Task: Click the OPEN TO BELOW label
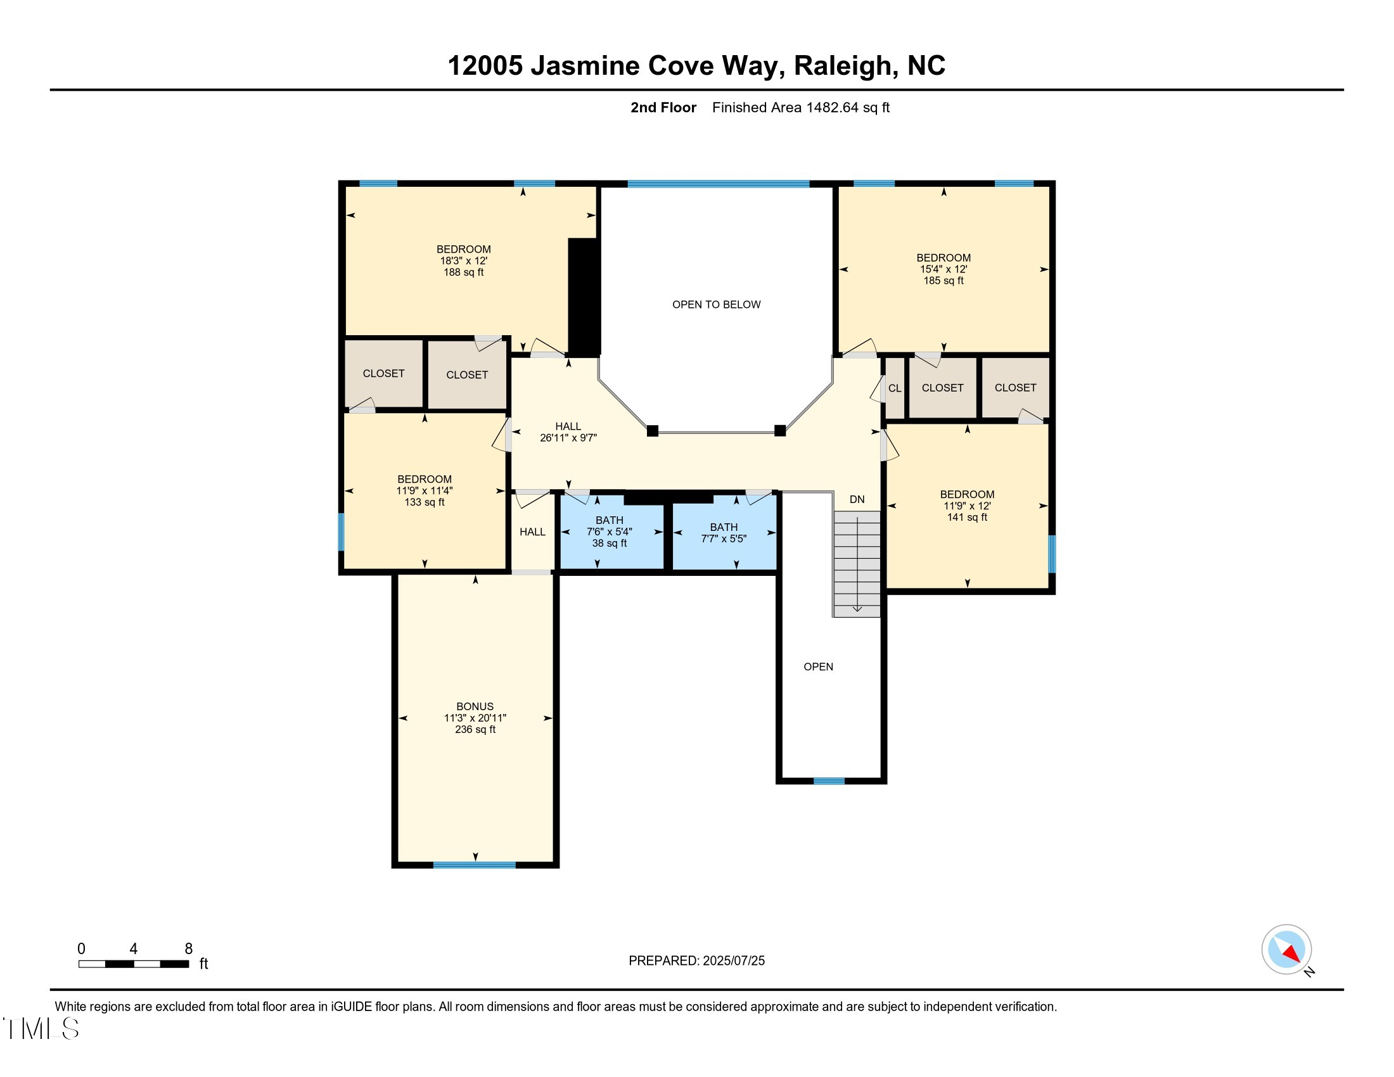click(x=716, y=304)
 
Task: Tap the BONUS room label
click(x=475, y=706)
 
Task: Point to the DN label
click(x=857, y=499)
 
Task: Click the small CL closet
click(x=895, y=388)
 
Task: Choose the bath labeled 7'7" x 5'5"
click(x=723, y=533)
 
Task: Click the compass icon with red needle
click(x=1286, y=950)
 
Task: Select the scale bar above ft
click(x=134, y=964)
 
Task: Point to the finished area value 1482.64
click(x=832, y=108)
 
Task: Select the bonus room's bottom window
click(x=474, y=865)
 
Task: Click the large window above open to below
click(x=718, y=184)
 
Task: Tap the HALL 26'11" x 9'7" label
click(x=568, y=432)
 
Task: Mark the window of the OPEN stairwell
click(x=829, y=781)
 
